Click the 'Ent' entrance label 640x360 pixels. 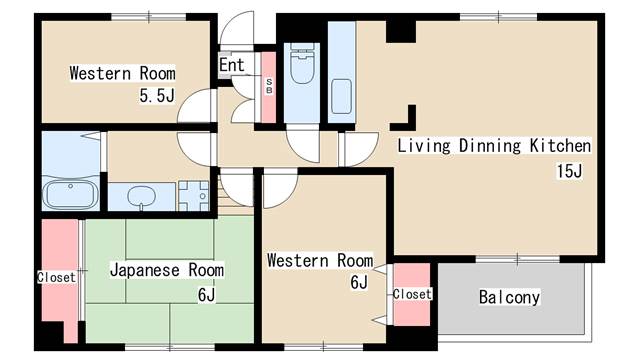[x=231, y=65]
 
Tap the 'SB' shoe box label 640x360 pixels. [x=269, y=87]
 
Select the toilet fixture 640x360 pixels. [x=302, y=63]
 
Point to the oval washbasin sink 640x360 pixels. [x=141, y=196]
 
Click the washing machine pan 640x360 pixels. [x=194, y=196]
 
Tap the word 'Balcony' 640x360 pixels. [x=509, y=297]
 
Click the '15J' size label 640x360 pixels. [x=569, y=171]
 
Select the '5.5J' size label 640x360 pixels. [x=157, y=96]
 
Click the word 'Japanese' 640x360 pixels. [x=145, y=270]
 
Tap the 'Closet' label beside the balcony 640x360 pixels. [x=412, y=294]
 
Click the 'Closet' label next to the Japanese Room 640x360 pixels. [x=56, y=277]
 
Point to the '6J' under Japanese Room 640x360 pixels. [x=206, y=294]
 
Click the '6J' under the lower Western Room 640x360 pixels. [x=359, y=282]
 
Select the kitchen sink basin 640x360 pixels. [x=341, y=96]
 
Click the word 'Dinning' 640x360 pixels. [x=490, y=146]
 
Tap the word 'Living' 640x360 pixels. [x=424, y=146]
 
